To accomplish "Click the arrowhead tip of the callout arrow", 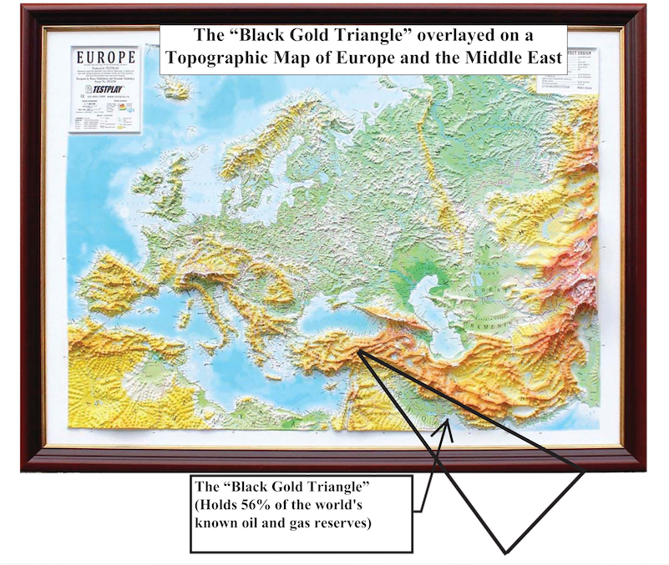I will click(x=449, y=424).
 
